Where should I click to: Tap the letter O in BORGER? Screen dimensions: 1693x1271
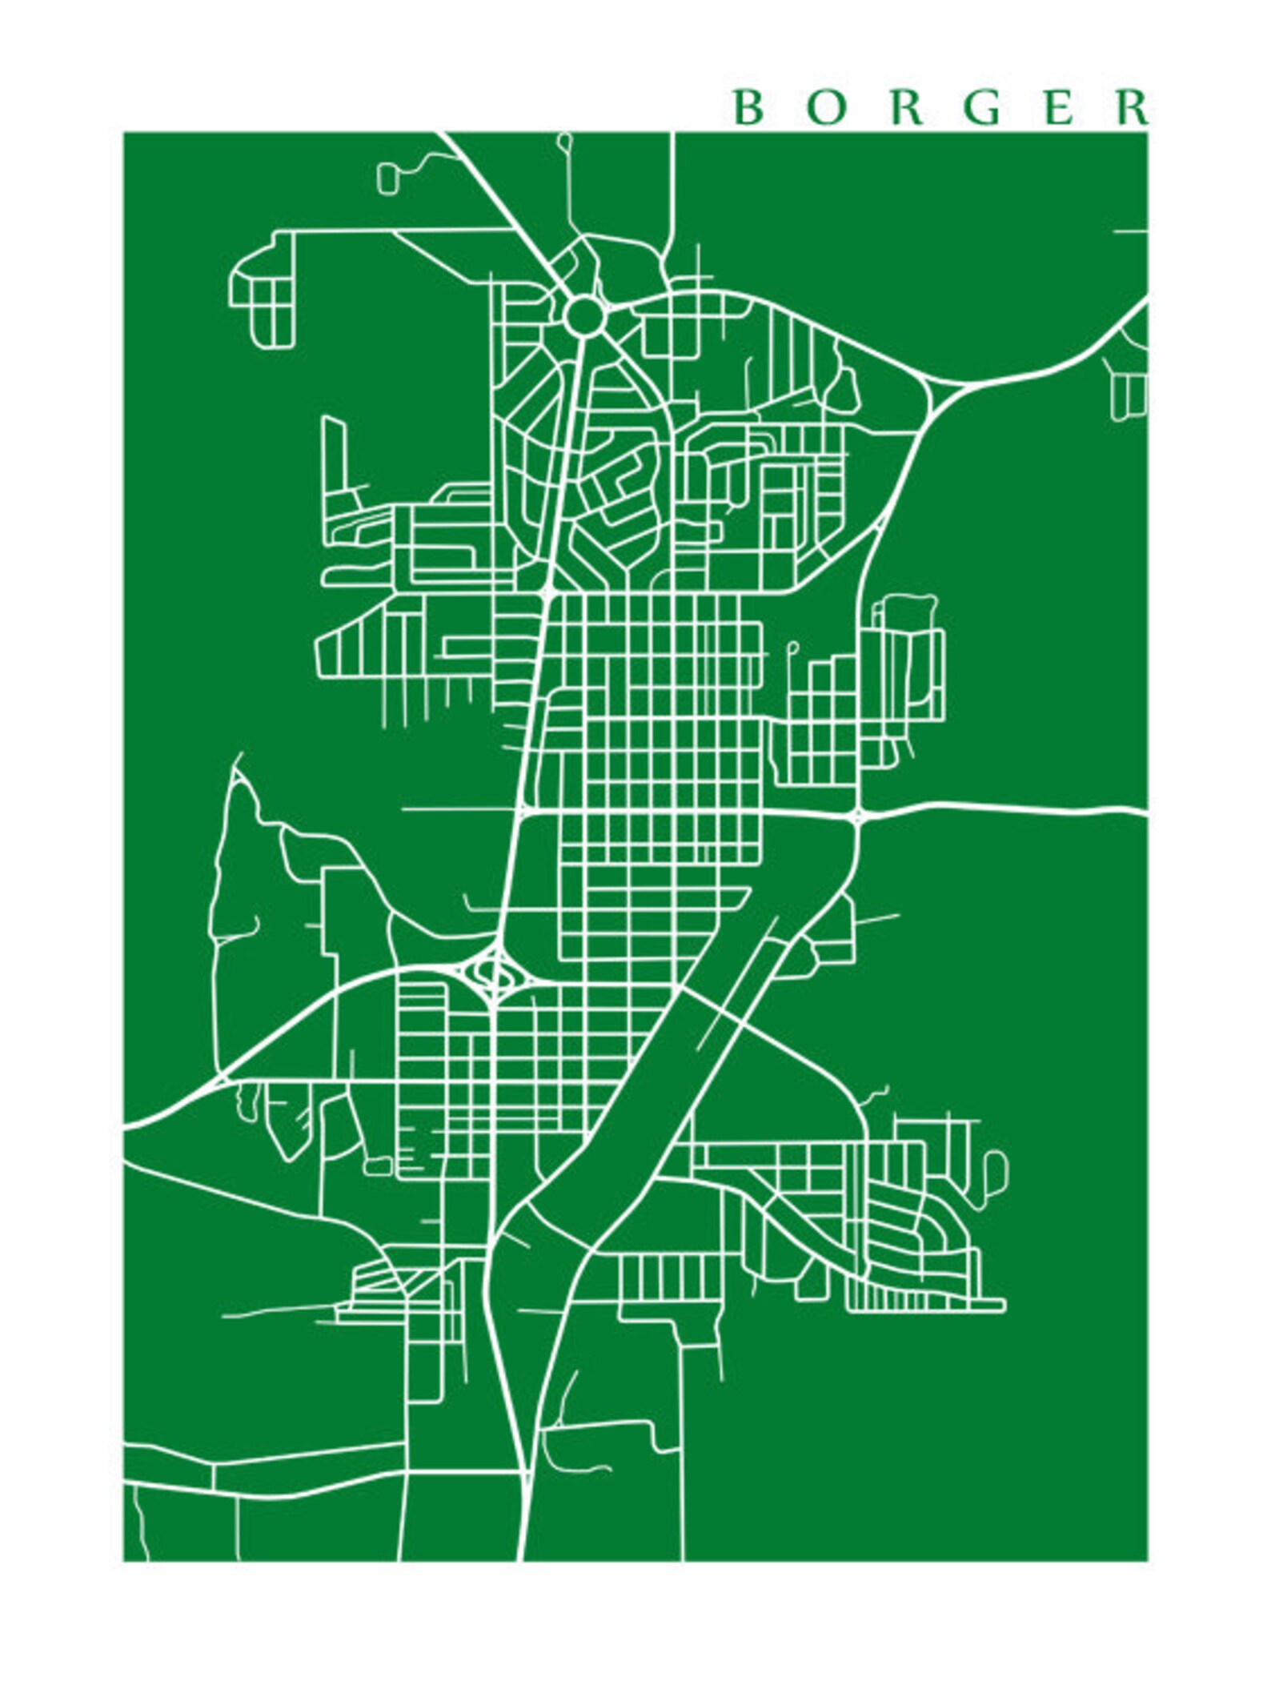point(825,108)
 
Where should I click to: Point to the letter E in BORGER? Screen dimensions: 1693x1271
point(1058,108)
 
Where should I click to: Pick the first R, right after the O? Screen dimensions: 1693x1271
point(905,108)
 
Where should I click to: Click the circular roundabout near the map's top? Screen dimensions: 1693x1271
point(584,315)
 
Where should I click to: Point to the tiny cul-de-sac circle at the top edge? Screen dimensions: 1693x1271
point(565,141)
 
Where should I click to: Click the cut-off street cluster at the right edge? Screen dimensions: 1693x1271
point(1129,384)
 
